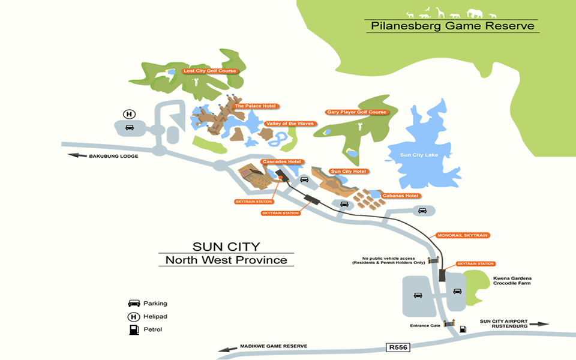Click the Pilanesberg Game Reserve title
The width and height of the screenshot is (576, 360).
click(452, 26)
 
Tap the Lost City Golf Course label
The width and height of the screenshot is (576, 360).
click(210, 71)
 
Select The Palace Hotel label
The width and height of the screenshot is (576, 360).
click(255, 106)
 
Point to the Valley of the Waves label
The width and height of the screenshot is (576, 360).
click(289, 124)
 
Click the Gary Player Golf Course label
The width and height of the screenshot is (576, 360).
click(356, 112)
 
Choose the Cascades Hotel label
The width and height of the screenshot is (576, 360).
click(281, 161)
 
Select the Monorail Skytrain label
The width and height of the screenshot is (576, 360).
click(461, 235)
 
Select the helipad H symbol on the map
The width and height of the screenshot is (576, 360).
click(129, 114)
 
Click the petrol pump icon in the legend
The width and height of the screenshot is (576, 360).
click(133, 329)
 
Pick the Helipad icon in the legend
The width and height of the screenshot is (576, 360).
click(133, 316)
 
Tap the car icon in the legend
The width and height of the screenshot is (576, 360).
click(133, 304)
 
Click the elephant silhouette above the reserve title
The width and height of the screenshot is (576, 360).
click(473, 13)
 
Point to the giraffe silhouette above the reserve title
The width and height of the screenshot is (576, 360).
click(440, 11)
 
